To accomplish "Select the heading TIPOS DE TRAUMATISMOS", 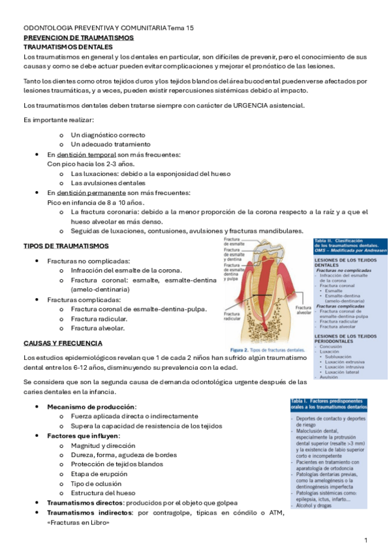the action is (66, 246).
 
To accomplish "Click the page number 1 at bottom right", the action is (366, 541).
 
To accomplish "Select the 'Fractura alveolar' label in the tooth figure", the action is (303, 310).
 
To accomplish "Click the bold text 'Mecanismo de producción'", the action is (91, 406).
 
